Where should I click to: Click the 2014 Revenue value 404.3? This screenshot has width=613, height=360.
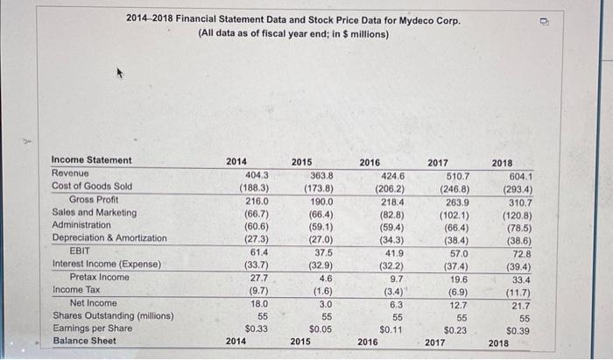[x=256, y=173]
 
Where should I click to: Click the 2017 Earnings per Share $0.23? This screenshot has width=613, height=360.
[x=454, y=329]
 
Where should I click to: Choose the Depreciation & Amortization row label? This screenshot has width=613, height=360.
[x=109, y=237]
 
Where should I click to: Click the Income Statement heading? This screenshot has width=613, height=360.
[x=92, y=160]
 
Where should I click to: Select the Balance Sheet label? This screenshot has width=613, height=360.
[x=85, y=341]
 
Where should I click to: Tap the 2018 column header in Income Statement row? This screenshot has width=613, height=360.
[x=503, y=162]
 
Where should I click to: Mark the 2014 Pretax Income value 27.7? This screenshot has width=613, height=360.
[x=256, y=277]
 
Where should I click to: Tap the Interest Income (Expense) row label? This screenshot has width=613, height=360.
[x=107, y=264]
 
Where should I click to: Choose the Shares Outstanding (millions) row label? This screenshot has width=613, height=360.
[x=113, y=315]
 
